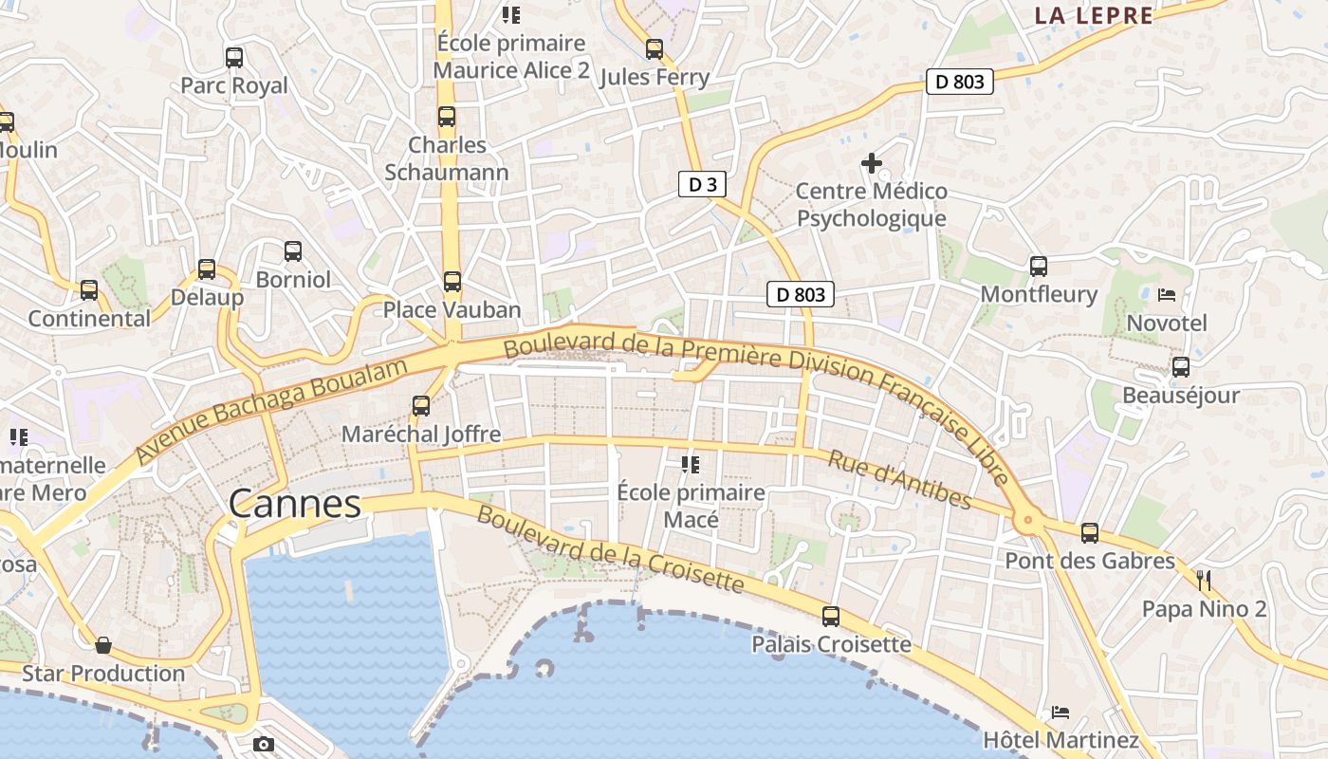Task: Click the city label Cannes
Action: pyautogui.click(x=295, y=504)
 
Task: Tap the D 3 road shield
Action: pyautogui.click(x=702, y=184)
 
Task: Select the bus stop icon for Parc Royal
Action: pyautogui.click(x=234, y=58)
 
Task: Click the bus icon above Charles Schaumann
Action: pyautogui.click(x=447, y=117)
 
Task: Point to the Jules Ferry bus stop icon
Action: pyautogui.click(x=655, y=49)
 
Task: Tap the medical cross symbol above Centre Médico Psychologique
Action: pyautogui.click(x=871, y=163)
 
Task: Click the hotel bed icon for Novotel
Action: pyautogui.click(x=1167, y=295)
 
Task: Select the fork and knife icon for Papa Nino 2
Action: pyautogui.click(x=1204, y=581)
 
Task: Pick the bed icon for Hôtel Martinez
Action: pyautogui.click(x=1061, y=712)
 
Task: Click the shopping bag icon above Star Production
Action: pyautogui.click(x=103, y=645)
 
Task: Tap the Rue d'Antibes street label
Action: pyautogui.click(x=899, y=479)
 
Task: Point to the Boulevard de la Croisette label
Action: pyautogui.click(x=610, y=549)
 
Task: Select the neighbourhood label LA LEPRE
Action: pyautogui.click(x=1094, y=15)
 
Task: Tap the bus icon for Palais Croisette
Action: pyautogui.click(x=831, y=617)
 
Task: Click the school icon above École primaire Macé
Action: pyautogui.click(x=691, y=465)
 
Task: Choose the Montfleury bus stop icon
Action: pyautogui.click(x=1039, y=267)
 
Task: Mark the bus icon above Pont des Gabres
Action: pyautogui.click(x=1090, y=533)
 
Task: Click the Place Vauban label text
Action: pyautogui.click(x=452, y=310)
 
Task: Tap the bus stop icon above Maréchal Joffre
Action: pyautogui.click(x=421, y=406)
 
